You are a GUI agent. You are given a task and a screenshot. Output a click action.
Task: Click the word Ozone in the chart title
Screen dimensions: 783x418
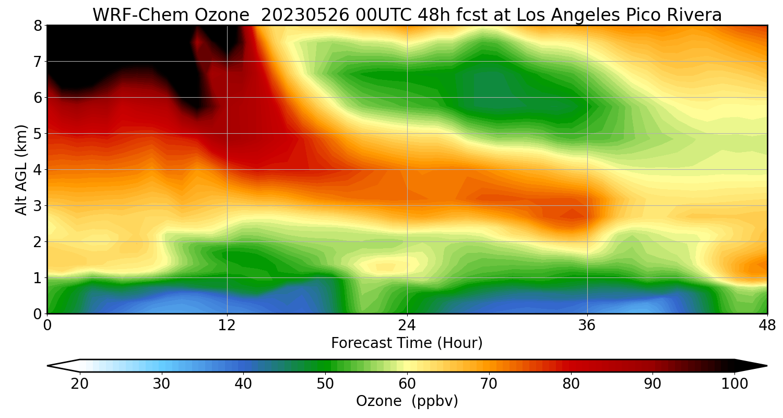point(222,15)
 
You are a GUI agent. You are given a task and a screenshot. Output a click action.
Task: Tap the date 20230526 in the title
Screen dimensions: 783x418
point(305,15)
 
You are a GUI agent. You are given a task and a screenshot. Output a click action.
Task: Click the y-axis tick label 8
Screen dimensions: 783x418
point(38,26)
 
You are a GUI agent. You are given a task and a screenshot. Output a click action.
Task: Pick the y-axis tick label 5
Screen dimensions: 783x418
point(38,134)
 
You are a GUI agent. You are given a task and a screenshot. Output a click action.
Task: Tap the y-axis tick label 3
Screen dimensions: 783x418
point(38,206)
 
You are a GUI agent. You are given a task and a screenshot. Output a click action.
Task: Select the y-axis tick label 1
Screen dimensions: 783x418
point(38,278)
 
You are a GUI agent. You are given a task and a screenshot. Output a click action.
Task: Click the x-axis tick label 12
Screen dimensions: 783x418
point(227,326)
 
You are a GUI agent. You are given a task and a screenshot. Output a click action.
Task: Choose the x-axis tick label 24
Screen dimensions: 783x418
point(407,326)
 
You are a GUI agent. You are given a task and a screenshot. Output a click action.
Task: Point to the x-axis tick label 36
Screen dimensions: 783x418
point(587,326)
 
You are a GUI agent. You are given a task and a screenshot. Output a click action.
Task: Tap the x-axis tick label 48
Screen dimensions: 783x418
point(767,326)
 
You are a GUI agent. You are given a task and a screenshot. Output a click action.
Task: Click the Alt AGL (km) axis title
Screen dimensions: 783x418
point(21,170)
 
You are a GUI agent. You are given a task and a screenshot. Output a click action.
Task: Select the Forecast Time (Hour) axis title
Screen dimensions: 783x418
point(407,343)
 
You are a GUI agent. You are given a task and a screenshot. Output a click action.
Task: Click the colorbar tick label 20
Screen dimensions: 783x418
point(79,384)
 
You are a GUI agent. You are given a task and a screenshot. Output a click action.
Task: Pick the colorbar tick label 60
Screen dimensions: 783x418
point(407,384)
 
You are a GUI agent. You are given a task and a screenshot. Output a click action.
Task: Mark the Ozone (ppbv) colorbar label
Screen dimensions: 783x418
point(407,401)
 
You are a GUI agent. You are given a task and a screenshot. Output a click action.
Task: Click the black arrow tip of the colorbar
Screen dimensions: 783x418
point(767,366)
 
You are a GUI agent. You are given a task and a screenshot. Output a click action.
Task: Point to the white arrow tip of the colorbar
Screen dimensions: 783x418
point(48,366)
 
